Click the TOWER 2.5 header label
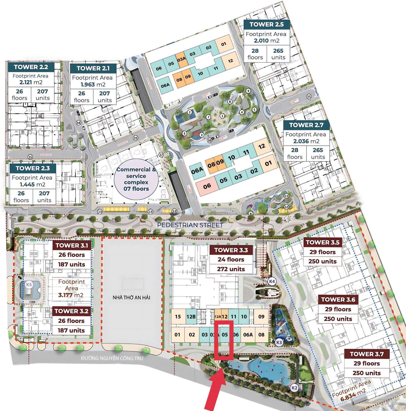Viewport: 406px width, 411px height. [266, 24]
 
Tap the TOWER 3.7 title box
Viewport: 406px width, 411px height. [367, 354]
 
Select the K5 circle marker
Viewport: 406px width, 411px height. [29, 285]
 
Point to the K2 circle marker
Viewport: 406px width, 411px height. [294, 388]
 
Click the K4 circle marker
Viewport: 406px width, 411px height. [272, 281]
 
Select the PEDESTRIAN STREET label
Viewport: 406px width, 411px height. [190, 225]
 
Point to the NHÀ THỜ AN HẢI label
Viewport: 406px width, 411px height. [131, 297]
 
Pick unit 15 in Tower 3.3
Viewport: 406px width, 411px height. [178, 316]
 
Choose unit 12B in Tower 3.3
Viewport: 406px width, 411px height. [191, 316]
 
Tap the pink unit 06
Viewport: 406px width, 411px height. [207, 186]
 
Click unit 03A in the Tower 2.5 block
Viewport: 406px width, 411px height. [182, 59]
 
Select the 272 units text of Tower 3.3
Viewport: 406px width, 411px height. [231, 269]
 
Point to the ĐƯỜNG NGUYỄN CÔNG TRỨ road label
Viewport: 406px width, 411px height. [112, 358]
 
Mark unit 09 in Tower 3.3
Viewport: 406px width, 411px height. [261, 316]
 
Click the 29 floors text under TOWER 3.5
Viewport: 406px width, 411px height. [323, 252]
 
